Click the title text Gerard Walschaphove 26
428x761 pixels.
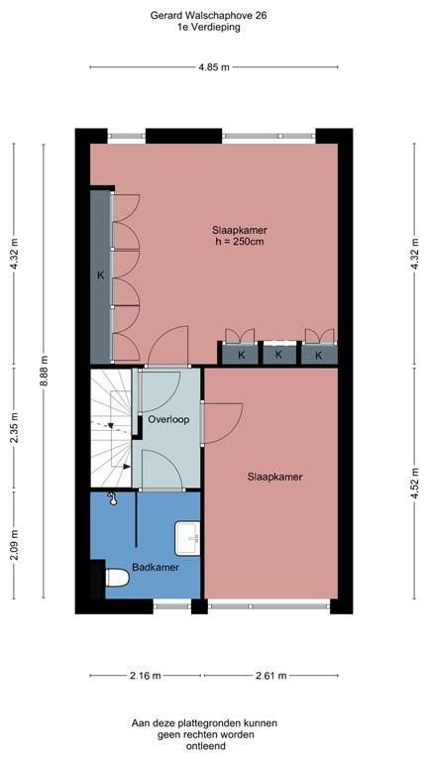[209, 17]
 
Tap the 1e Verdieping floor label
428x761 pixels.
[209, 29]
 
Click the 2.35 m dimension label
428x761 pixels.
[14, 429]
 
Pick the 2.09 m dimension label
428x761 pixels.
[14, 546]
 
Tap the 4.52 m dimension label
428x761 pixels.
[414, 485]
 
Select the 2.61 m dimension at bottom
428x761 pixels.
[268, 676]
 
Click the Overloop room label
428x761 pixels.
[168, 420]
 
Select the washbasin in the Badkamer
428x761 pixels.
[187, 538]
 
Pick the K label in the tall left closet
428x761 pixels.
[99, 275]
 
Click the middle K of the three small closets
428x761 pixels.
[278, 354]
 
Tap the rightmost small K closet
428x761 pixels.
[318, 354]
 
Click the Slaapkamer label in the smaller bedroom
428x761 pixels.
[274, 477]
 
